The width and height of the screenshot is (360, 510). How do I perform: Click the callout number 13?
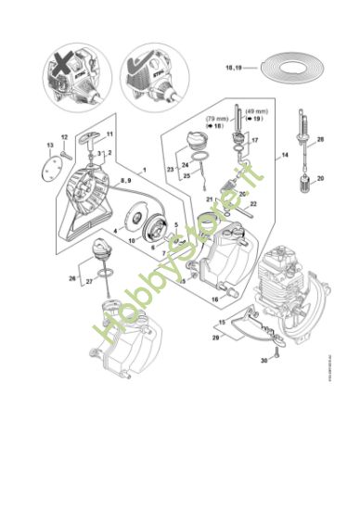coord(49,146)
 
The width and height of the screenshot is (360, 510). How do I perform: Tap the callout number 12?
coord(64,137)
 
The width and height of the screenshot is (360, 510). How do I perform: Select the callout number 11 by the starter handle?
coord(109,135)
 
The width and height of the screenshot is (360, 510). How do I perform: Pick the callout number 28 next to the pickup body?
coord(320,139)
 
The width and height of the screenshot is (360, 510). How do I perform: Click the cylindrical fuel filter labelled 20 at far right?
coord(304,178)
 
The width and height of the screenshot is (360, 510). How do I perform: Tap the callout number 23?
coord(171,170)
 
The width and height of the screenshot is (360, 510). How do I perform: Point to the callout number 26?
coord(72,277)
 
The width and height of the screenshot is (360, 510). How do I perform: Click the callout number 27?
coord(89,282)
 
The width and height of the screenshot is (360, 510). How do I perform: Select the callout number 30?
coord(263,358)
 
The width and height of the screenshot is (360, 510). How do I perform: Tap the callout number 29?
coord(216,339)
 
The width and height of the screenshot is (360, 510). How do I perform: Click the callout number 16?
coord(213,300)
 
